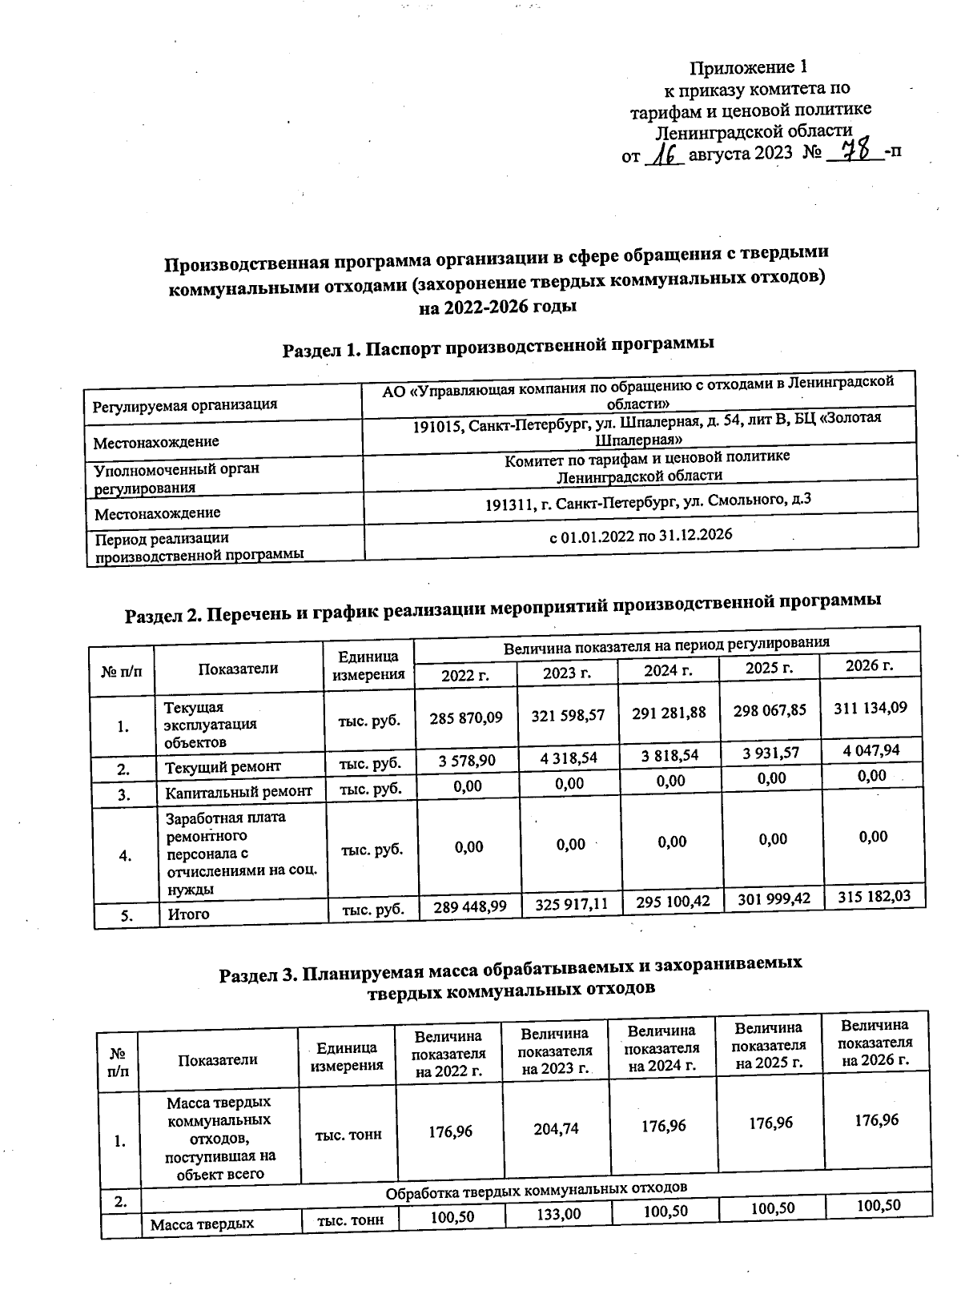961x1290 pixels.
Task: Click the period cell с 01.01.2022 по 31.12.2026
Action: click(640, 535)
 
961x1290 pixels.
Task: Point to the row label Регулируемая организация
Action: click(185, 405)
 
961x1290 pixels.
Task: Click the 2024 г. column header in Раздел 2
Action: click(668, 670)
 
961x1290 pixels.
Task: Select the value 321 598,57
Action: click(568, 715)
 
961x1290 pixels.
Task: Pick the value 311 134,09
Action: click(870, 709)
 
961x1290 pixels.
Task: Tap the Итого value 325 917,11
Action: click(570, 904)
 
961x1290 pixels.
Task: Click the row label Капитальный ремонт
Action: click(239, 793)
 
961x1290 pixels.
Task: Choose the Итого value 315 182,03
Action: click(874, 896)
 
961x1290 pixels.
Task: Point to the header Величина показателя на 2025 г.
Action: click(769, 1045)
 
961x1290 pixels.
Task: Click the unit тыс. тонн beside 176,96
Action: click(348, 1134)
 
